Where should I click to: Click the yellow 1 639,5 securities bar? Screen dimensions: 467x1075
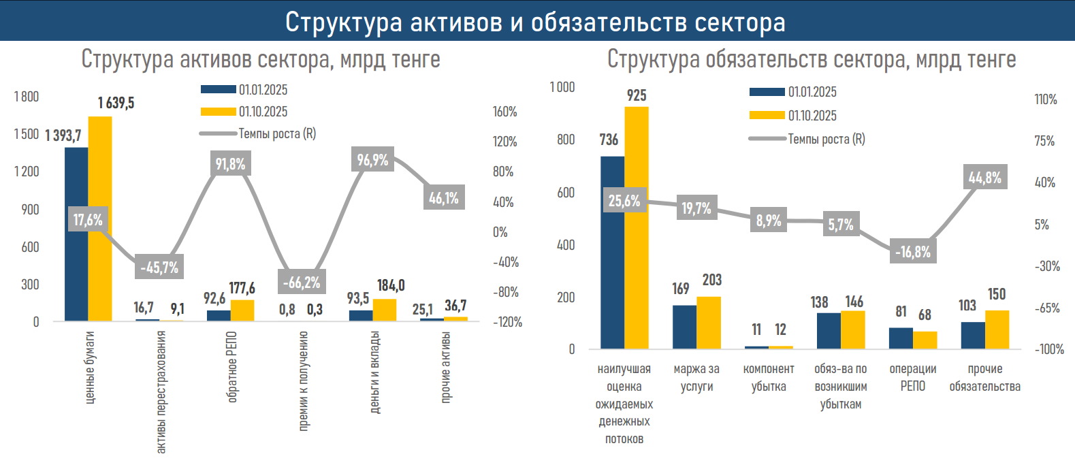tap(100, 218)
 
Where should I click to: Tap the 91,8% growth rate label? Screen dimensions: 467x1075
tap(230, 164)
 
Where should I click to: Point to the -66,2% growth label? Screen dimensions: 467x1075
tap(301, 282)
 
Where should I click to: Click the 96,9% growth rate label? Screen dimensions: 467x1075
tap(372, 160)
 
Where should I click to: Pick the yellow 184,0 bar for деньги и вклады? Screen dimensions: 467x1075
tap(385, 310)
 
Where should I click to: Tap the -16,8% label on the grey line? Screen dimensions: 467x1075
tap(913, 252)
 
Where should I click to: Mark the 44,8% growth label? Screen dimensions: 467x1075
tap(985, 178)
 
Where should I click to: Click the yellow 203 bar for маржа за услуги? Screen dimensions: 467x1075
tap(709, 323)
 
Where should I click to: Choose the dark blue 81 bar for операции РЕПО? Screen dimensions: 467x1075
tap(901, 338)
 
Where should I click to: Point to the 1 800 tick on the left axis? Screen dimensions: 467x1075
tap(27, 97)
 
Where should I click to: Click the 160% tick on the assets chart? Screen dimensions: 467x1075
tap(505, 112)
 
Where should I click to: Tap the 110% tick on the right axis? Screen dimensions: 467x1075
tap(1046, 99)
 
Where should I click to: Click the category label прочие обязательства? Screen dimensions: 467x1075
tap(985, 378)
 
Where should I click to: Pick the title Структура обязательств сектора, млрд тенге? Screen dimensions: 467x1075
tap(812, 59)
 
